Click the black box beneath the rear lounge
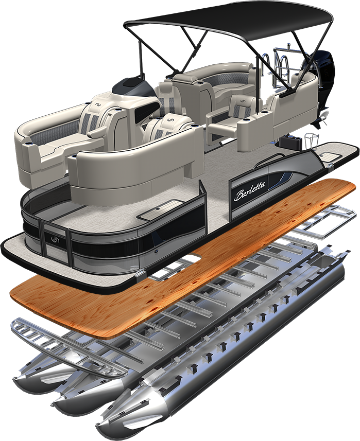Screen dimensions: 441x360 tap(289, 140)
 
